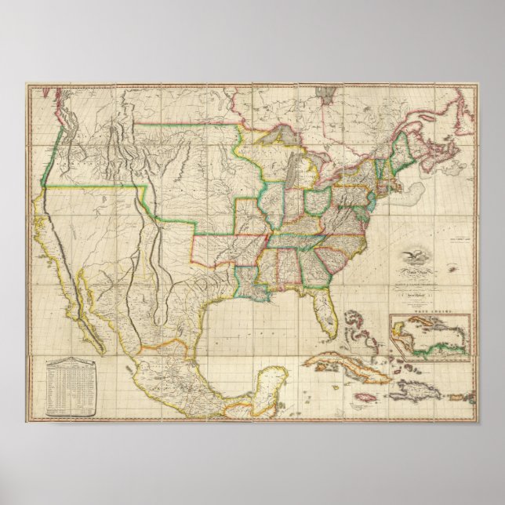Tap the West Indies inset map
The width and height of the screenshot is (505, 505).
(430, 337)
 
